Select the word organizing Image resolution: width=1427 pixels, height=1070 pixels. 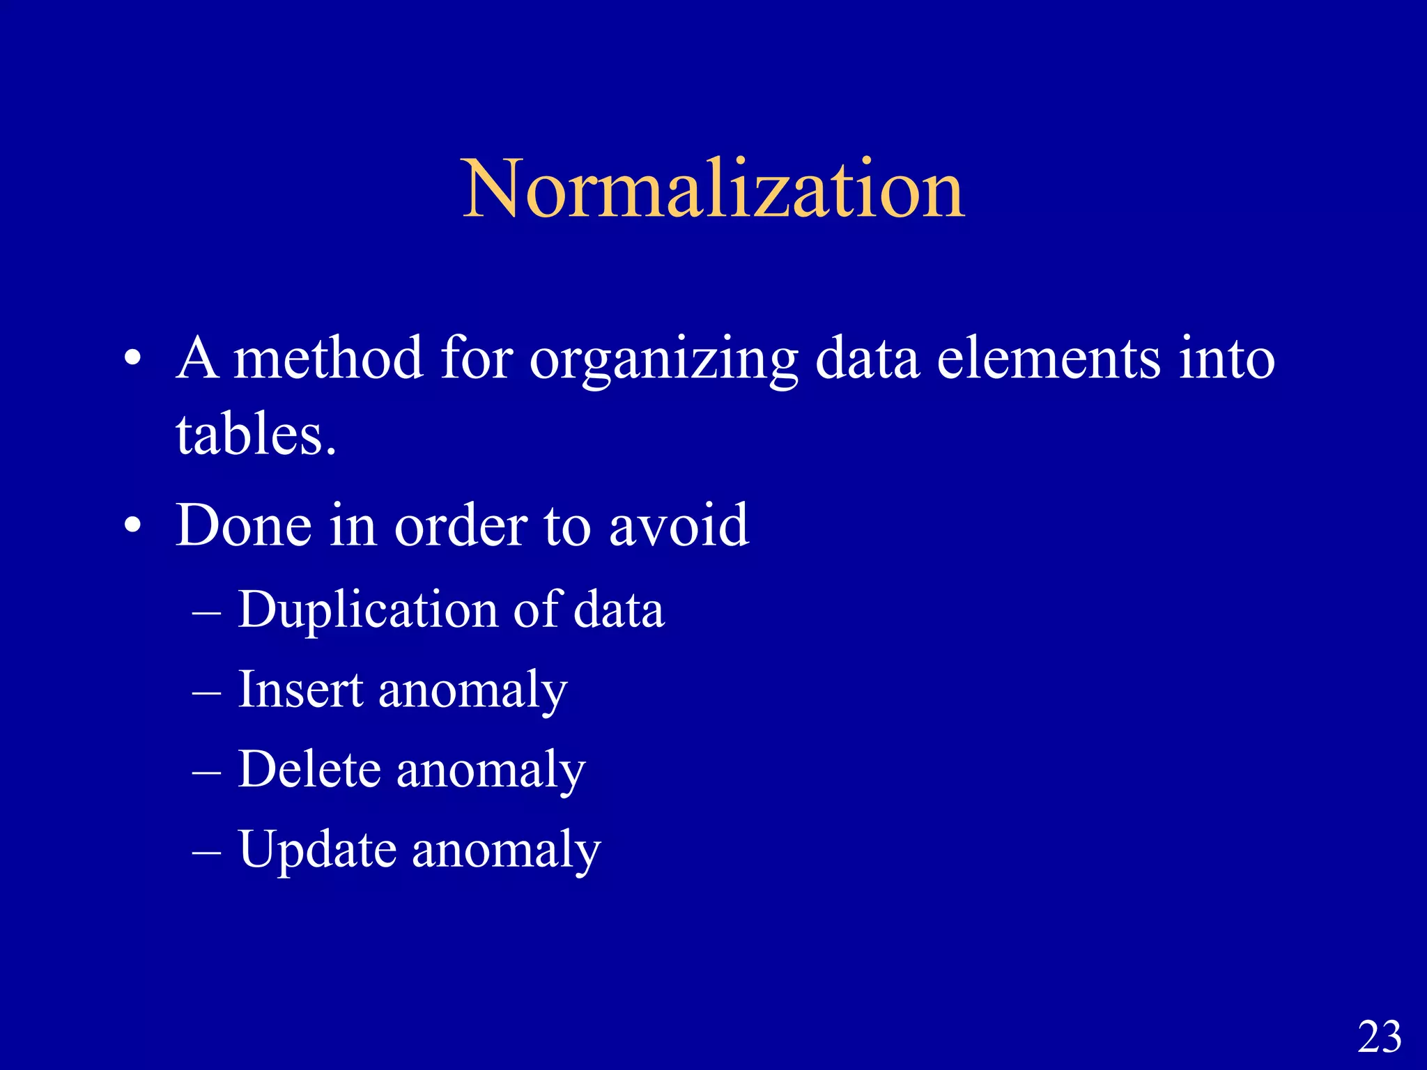tap(663, 361)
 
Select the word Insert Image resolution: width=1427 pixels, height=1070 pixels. tap(300, 690)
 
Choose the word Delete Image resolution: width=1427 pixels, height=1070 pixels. tap(309, 769)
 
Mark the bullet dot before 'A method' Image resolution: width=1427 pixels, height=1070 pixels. tap(133, 360)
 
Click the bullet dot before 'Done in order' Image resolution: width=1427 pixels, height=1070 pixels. tap(133, 527)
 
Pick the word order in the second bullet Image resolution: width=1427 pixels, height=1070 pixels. tap(461, 526)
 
